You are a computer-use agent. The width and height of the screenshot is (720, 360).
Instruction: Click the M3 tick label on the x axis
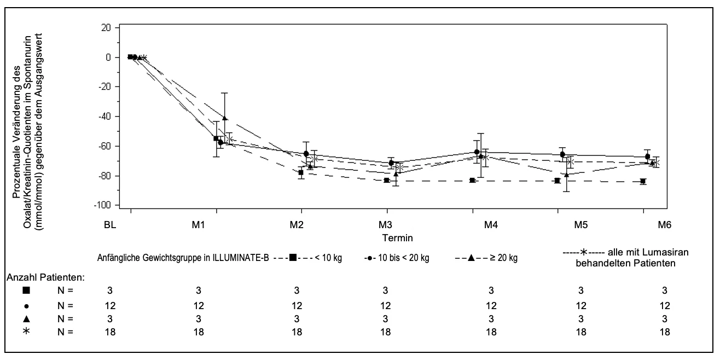[x=385, y=225]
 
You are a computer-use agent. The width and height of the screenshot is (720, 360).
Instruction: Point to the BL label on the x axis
[x=110, y=225]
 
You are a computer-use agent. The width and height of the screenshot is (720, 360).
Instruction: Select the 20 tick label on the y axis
[x=106, y=28]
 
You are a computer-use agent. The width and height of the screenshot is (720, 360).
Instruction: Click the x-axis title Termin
[x=397, y=238]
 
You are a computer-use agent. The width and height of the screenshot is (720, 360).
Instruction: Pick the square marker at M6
[x=643, y=181]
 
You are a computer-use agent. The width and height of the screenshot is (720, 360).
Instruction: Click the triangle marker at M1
[x=225, y=118]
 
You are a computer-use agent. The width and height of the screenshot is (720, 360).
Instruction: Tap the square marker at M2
[x=301, y=172]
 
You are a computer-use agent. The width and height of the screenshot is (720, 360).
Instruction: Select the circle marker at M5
[x=562, y=154]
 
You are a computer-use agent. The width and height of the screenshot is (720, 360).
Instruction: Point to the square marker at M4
[x=472, y=181]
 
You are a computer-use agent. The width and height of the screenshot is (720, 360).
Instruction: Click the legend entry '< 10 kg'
[x=328, y=258]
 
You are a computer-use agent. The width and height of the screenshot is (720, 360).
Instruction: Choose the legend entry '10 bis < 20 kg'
[x=404, y=258]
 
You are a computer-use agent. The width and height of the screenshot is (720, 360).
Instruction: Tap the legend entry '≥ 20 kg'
[x=504, y=258]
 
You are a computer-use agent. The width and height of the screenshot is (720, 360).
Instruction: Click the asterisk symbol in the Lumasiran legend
[x=584, y=252]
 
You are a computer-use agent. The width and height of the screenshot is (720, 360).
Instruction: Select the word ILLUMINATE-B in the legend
[x=241, y=258]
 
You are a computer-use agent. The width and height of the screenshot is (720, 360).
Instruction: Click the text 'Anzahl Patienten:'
[x=45, y=277]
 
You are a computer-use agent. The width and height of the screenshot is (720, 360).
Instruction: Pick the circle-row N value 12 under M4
[x=491, y=305]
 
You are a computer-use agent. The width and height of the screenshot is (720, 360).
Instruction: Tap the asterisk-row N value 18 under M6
[x=665, y=332]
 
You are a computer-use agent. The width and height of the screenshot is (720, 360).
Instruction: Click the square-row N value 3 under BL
[x=110, y=291]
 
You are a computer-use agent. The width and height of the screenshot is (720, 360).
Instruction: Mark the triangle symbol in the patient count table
[x=26, y=319]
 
